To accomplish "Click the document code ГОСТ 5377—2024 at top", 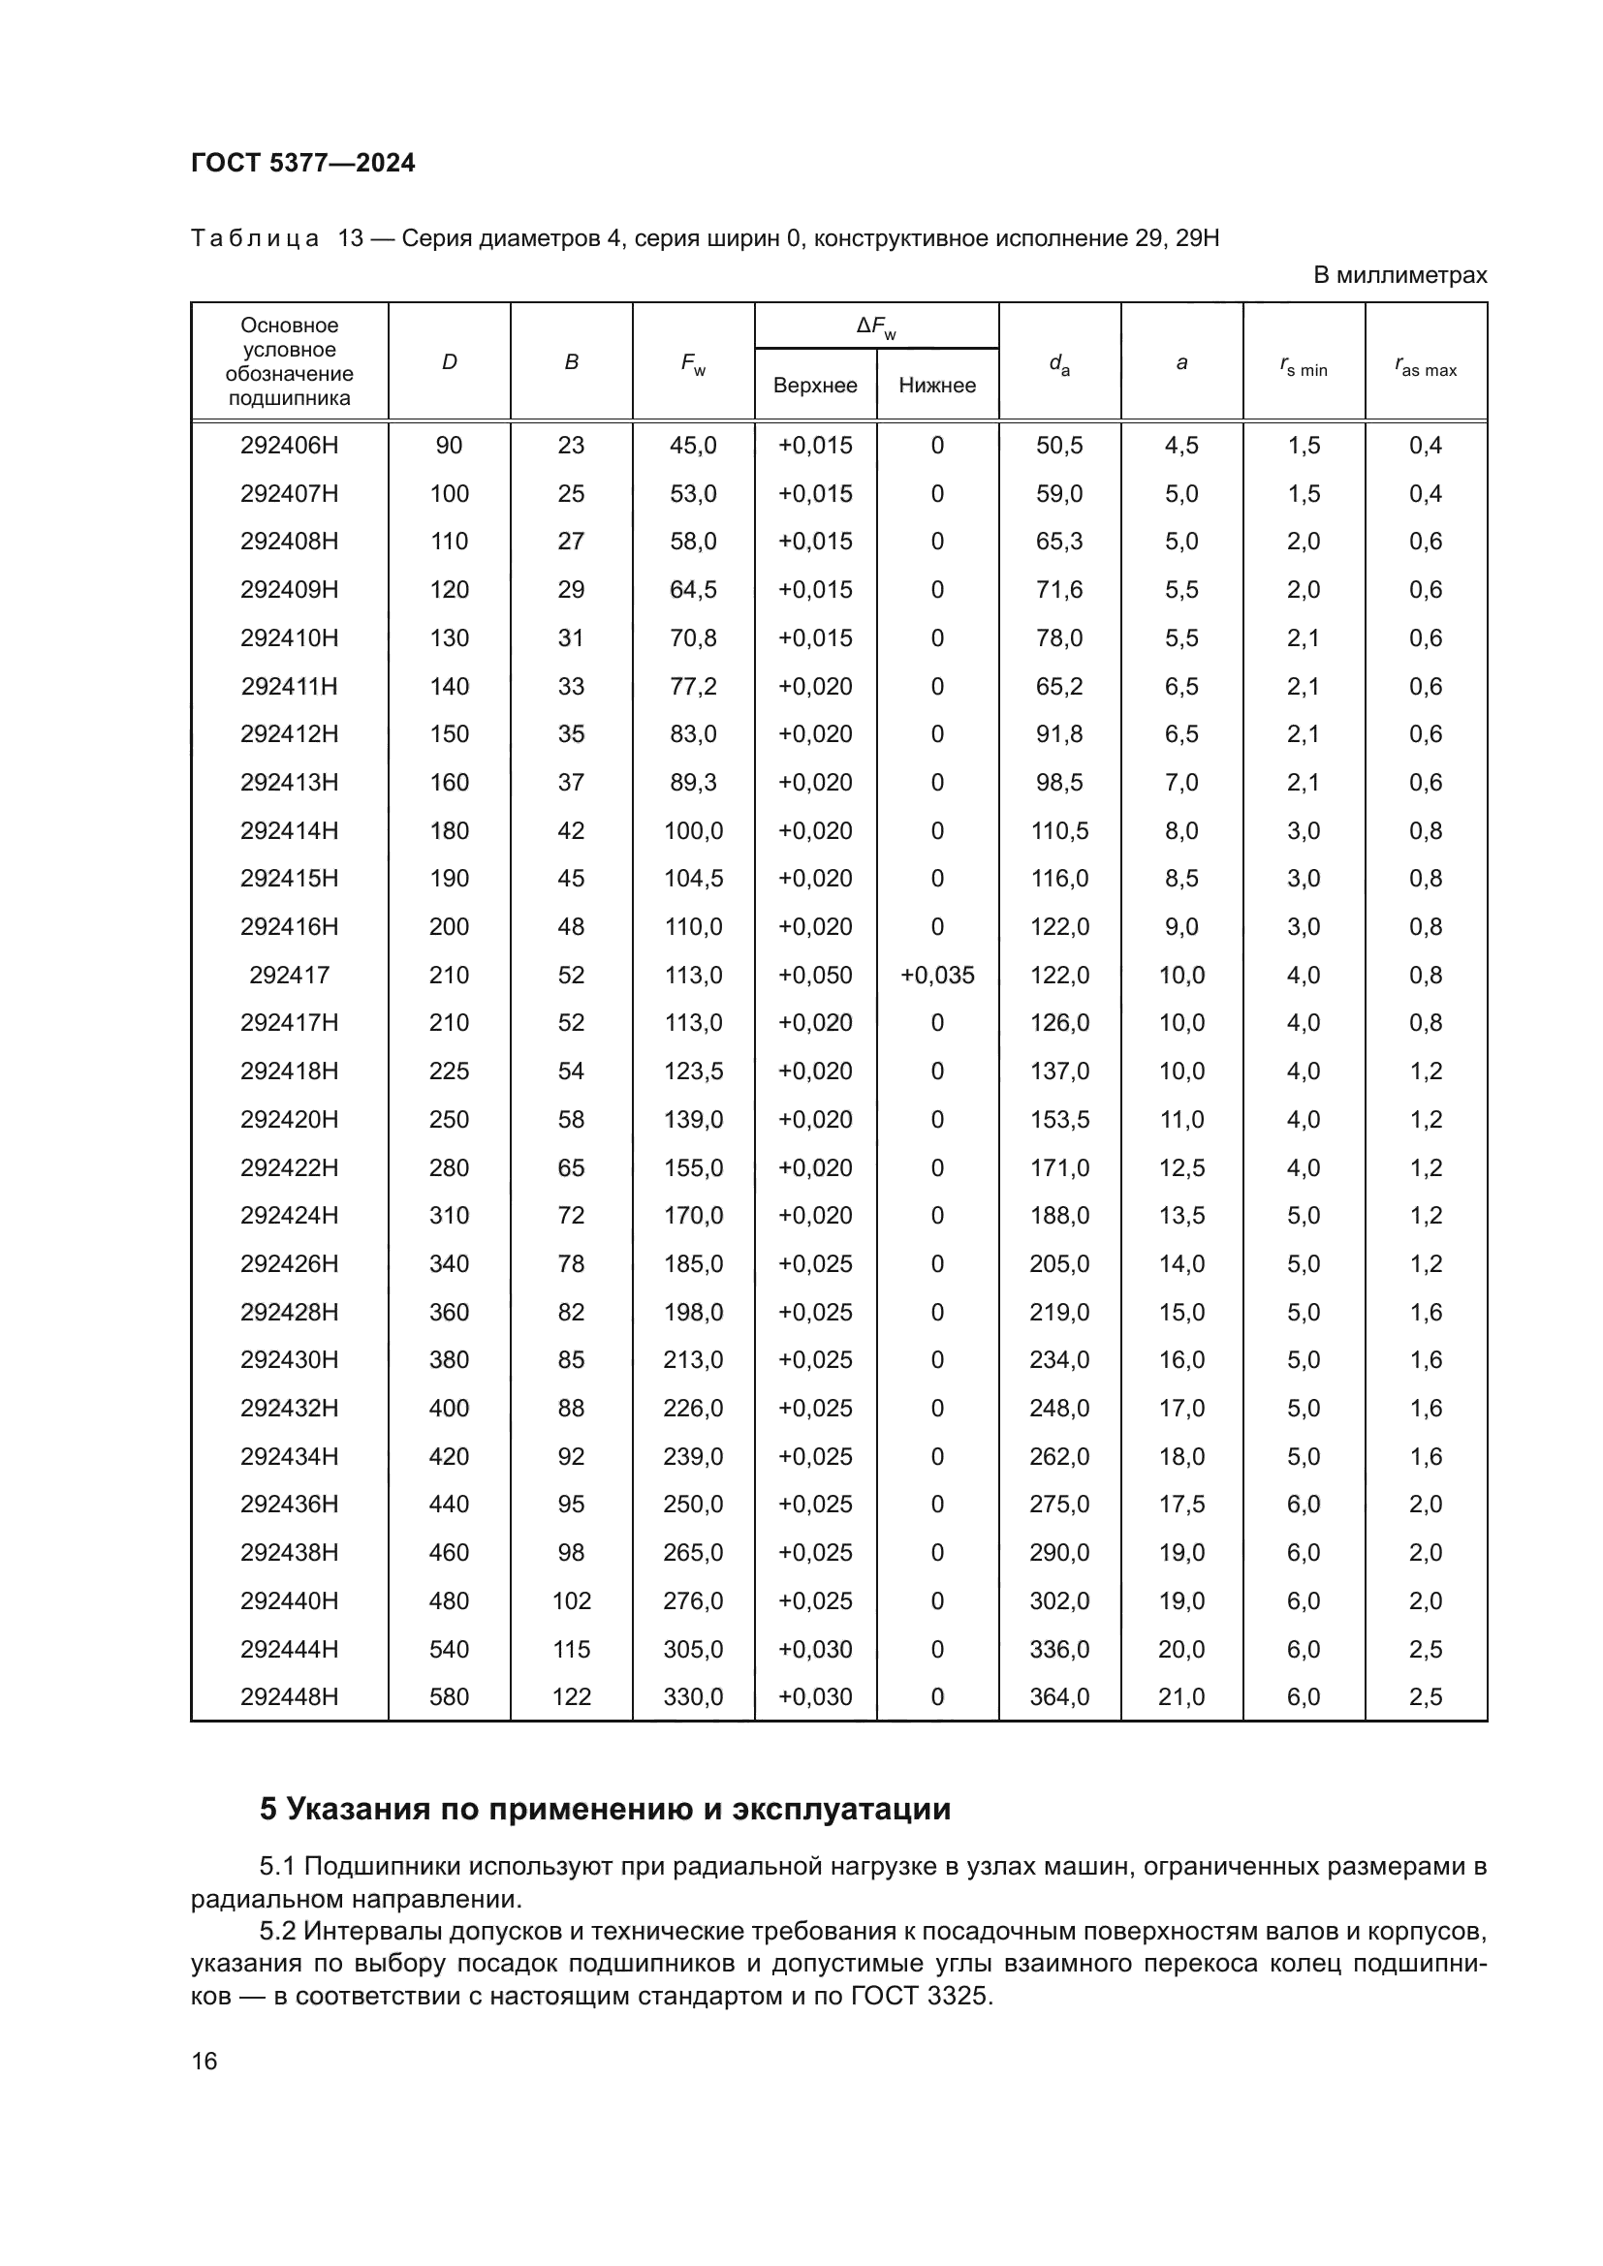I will tap(303, 163).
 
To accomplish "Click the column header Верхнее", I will tap(814, 385).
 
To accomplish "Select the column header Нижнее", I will tap(937, 385).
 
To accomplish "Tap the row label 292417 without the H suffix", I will tap(289, 976).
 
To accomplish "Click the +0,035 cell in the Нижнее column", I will tap(937, 976).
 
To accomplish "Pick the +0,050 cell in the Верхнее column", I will tap(814, 976).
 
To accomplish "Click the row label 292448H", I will tap(289, 1697).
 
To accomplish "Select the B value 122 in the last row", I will tap(571, 1697).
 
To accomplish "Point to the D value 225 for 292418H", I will tap(449, 1071).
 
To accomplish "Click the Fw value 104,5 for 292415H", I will tap(693, 879).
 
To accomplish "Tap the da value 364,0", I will tap(1059, 1697).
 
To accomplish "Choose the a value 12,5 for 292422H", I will tap(1181, 1167).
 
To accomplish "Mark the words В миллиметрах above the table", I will tap(1399, 275).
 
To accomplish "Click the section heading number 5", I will tap(268, 1809).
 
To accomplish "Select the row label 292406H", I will tap(289, 445).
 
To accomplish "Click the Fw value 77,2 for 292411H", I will tap(693, 686).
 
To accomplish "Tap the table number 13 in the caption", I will tap(352, 238).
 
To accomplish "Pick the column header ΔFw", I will tap(875, 326).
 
